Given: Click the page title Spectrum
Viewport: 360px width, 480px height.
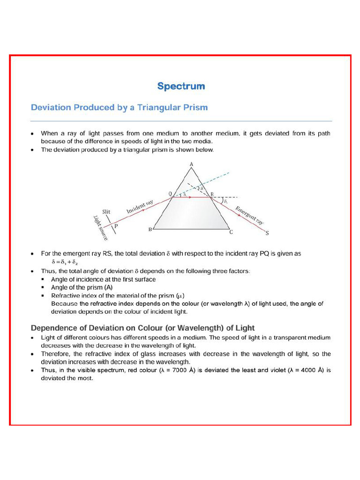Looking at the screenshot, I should [181, 86].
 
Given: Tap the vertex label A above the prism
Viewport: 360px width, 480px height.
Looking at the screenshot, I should [191, 164].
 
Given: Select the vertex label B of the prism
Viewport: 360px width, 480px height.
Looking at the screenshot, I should [150, 230].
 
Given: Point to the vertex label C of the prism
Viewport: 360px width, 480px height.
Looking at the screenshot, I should [231, 232].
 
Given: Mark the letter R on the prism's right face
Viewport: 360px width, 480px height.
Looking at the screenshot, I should [212, 194].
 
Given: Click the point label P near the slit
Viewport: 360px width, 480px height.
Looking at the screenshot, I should [116, 225].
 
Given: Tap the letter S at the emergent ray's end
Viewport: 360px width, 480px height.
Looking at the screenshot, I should [267, 232].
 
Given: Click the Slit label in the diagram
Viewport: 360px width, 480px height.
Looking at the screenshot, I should [106, 211].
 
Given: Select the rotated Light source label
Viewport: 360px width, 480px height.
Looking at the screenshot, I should [100, 228].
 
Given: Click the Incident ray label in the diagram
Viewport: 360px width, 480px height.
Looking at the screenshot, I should [140, 207].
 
